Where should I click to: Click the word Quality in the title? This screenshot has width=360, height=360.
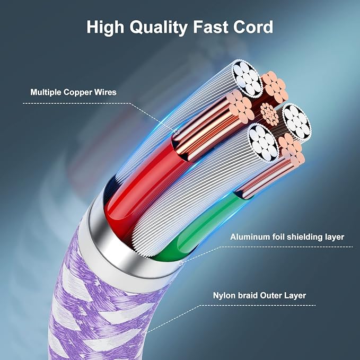[159, 28]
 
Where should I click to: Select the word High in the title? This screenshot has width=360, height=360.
[105, 28]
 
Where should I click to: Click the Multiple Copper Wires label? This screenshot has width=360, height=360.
[73, 92]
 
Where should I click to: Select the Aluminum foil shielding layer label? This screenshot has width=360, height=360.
[287, 237]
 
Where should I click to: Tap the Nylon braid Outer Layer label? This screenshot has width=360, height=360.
[259, 295]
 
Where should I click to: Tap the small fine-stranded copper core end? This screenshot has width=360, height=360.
[269, 114]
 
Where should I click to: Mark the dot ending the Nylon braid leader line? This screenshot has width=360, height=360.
[144, 333]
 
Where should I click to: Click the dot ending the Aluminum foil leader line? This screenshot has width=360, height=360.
[181, 263]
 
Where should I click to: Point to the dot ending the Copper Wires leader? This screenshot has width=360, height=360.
[177, 131]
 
